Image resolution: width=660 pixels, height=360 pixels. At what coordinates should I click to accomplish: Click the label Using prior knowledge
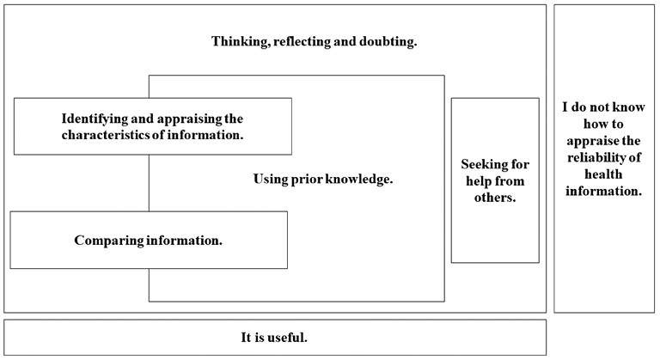click(322, 180)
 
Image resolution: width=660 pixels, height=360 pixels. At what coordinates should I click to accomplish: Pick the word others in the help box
click(495, 198)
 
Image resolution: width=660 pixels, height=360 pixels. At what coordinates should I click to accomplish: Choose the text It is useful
click(274, 337)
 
